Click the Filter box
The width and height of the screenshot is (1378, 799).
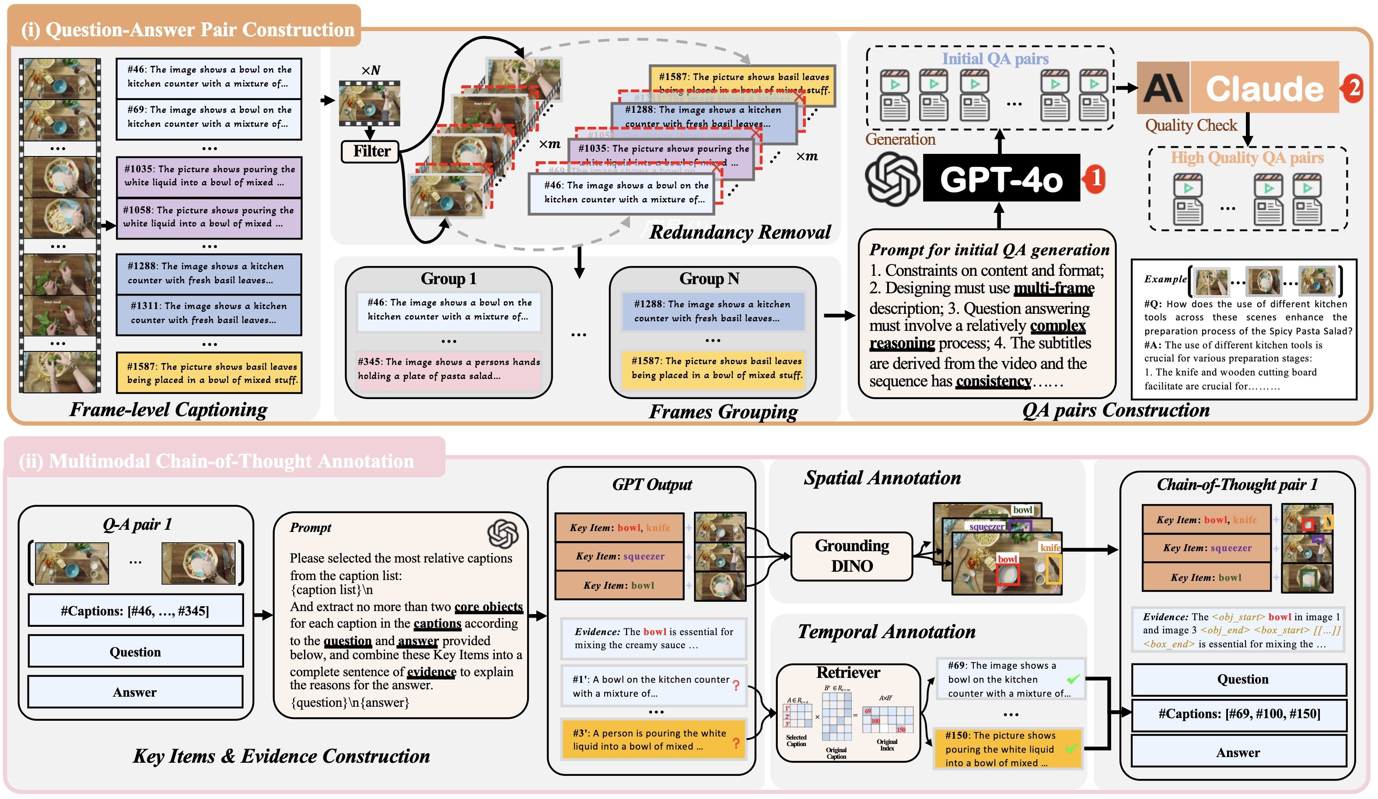[371, 151]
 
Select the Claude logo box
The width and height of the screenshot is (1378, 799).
[1163, 87]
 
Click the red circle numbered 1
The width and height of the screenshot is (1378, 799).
[1095, 178]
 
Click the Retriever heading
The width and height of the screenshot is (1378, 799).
[848, 672]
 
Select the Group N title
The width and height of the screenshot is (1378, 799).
[709, 279]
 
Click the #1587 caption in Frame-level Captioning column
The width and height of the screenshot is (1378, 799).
[210, 373]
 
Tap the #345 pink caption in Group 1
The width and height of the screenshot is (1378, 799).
[448, 369]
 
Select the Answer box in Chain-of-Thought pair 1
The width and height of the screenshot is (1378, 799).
[1238, 753]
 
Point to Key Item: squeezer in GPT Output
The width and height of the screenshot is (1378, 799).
[619, 556]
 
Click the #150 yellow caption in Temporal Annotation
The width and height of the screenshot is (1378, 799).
[1008, 749]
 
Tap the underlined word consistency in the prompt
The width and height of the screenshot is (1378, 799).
[993, 381]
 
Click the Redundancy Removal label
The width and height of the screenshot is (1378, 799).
[739, 232]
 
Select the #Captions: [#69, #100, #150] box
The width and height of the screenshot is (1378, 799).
[1238, 714]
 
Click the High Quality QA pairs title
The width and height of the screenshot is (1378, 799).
[1247, 158]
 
